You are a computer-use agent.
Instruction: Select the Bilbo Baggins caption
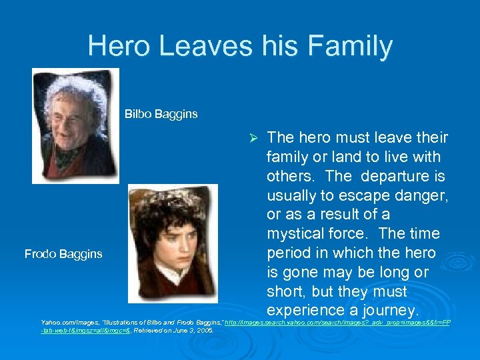coord(161,114)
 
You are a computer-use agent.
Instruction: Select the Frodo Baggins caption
coord(63,253)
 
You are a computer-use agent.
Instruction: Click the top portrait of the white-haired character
coord(75,125)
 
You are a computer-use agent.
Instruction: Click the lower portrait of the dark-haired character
coord(171,243)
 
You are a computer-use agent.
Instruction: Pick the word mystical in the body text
coord(297,234)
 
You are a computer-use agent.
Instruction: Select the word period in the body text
coord(289,253)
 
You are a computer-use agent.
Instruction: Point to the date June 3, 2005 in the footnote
coord(193,331)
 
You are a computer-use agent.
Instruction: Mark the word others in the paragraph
coord(290,176)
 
